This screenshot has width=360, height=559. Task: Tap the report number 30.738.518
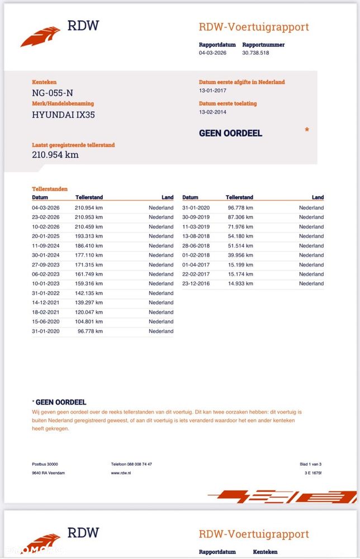tap(255, 53)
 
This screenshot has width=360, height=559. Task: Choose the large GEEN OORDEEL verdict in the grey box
tap(230, 133)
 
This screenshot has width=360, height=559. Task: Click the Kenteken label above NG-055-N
tap(44, 82)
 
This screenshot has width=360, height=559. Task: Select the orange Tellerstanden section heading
tap(50, 189)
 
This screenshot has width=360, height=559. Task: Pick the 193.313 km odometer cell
tap(89, 236)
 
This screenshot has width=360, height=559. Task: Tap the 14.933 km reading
tap(240, 283)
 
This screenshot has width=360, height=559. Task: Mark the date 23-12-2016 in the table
tap(196, 283)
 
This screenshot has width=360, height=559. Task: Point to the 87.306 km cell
tap(240, 217)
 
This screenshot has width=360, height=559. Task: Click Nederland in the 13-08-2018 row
tap(311, 236)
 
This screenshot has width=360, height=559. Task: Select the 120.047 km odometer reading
tap(89, 312)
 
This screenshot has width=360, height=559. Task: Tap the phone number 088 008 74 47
tap(131, 464)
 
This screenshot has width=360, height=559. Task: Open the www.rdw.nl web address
tap(121, 473)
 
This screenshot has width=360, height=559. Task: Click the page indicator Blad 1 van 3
tap(310, 464)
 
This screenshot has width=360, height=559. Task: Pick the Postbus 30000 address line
tap(45, 464)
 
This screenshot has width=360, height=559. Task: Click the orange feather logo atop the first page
tap(40, 36)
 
